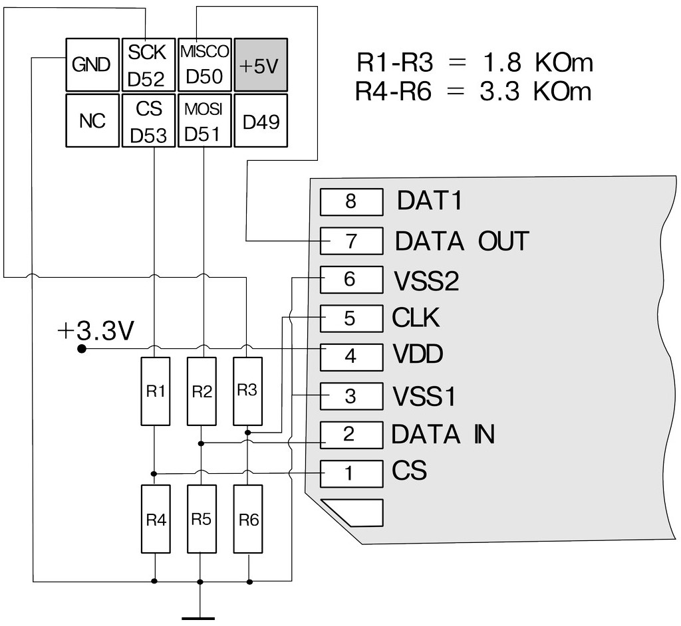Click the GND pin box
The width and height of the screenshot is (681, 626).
click(92, 64)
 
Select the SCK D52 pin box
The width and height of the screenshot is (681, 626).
click(148, 64)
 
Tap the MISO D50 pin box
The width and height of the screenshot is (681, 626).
click(204, 64)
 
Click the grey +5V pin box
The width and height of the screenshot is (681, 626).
click(261, 64)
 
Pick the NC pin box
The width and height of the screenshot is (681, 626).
click(92, 120)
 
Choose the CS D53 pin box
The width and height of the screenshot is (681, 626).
click(148, 120)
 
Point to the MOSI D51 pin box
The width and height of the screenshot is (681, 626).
click(204, 120)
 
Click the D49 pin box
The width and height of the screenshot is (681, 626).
click(261, 120)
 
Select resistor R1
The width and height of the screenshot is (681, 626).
click(155, 391)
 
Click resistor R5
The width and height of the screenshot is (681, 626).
click(201, 519)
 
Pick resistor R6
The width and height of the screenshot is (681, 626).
click(248, 519)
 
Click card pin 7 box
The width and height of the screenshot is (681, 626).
click(351, 241)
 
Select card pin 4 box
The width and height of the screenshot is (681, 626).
click(351, 357)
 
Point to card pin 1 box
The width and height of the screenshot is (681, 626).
click(351, 474)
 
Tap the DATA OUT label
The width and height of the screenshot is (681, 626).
click(462, 241)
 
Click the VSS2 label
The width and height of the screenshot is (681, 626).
click(426, 282)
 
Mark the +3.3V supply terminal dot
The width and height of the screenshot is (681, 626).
click(82, 348)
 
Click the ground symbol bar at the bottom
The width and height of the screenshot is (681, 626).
click(199, 617)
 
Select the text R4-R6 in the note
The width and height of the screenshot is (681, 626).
click(393, 90)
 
